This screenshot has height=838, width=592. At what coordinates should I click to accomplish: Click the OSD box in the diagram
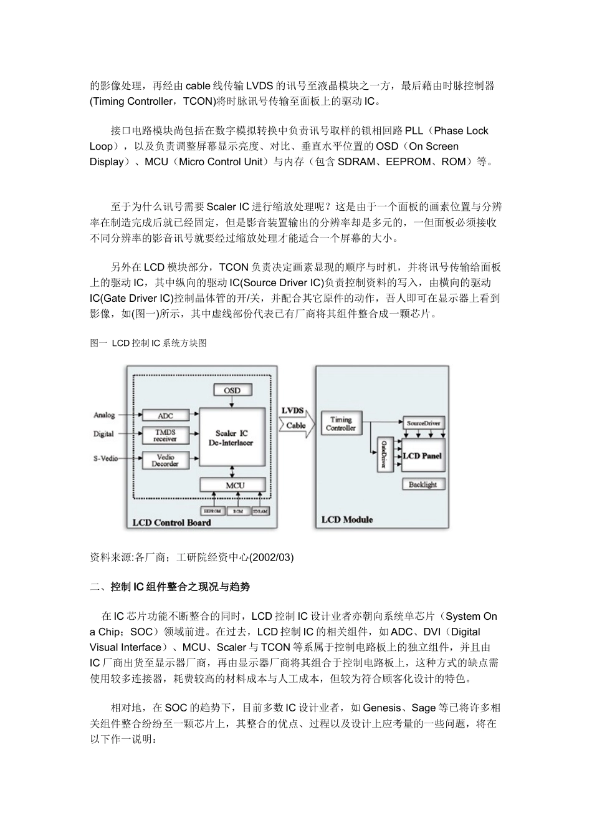point(232,390)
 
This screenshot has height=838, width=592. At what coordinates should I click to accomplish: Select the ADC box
point(165,416)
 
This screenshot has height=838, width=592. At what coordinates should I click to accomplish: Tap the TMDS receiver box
point(165,435)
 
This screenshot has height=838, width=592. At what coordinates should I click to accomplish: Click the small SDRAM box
point(260,511)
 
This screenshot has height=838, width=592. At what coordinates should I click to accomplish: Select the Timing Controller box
point(341,424)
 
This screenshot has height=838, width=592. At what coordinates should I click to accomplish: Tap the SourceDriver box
point(423,423)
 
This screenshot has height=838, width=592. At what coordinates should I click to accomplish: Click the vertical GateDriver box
point(384,455)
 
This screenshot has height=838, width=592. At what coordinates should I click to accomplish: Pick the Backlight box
point(423,484)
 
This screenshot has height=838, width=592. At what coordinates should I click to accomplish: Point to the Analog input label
point(104,415)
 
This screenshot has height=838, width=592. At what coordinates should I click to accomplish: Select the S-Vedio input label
point(105,459)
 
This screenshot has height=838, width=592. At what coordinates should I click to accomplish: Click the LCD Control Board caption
point(172,523)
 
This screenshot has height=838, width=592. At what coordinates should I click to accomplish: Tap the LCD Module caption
point(347,519)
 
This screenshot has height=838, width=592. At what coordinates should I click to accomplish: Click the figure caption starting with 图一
point(148,343)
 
